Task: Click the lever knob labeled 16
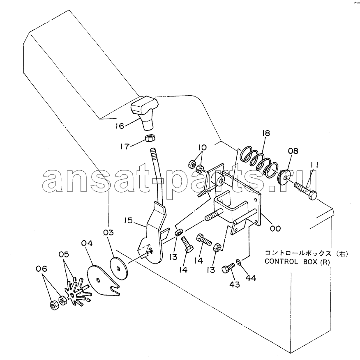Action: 144,111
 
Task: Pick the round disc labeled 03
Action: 118,268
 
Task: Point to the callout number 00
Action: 275,228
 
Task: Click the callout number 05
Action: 64,254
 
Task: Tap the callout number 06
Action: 42,268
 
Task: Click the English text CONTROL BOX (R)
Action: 297,261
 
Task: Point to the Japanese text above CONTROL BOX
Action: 306,253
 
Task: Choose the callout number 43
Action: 235,284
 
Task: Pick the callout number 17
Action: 125,146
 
